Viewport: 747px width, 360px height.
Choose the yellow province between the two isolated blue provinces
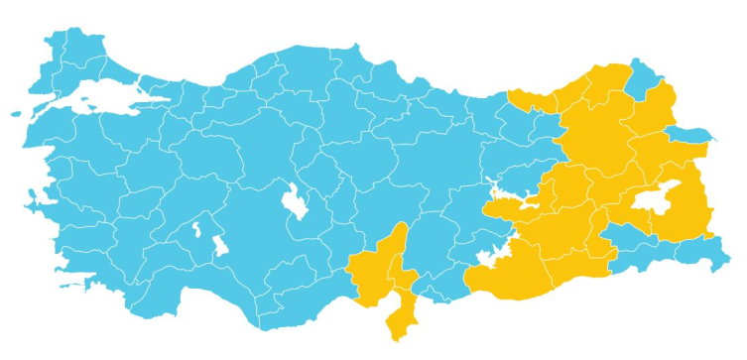pos(675,109)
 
